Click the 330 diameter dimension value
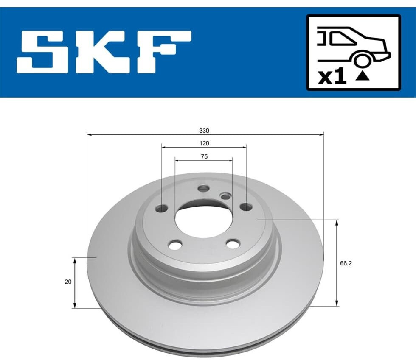[204, 131]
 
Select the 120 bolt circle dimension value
[204, 143]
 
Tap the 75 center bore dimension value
[204, 156]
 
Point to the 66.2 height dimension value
[346, 263]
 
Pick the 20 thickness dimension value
[68, 282]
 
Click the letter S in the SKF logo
[42, 52]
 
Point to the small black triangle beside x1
[363, 76]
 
